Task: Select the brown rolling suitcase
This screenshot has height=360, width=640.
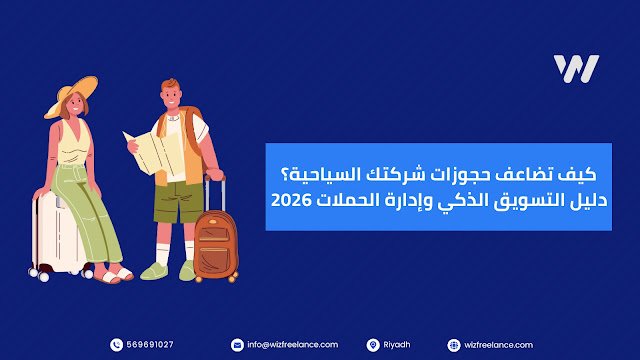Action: coord(215,245)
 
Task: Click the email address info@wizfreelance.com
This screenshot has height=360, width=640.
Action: coord(293,344)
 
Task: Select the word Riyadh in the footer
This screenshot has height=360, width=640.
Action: coord(397,344)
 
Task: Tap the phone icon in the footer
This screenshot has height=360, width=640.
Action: coord(117,344)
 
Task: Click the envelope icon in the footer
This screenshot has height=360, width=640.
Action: coord(237,344)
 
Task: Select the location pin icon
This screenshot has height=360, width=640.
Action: coord(372,344)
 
